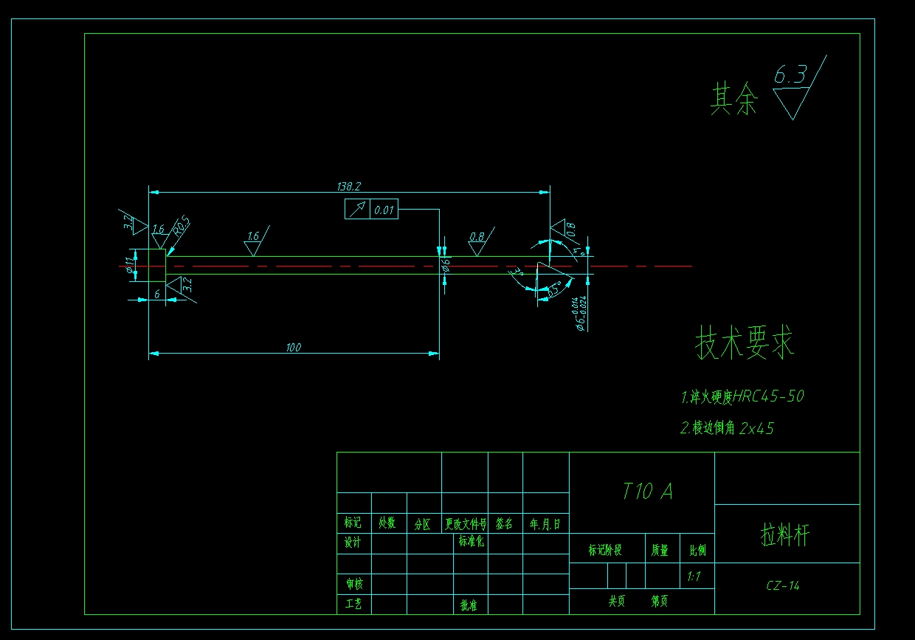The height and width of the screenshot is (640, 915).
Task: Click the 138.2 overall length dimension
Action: click(x=348, y=187)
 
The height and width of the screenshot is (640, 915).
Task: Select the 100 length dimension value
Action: click(x=294, y=348)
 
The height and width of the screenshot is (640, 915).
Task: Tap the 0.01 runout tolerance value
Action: click(x=384, y=210)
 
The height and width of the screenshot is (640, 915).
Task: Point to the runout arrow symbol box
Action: click(x=357, y=210)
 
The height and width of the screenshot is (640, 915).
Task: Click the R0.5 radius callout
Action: click(x=181, y=226)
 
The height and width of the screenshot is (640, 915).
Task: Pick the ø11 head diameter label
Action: click(x=130, y=266)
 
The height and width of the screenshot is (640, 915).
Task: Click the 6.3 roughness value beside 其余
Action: click(x=790, y=74)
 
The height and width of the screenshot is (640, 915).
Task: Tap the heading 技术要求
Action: click(x=745, y=343)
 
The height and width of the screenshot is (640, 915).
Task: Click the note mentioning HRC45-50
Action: click(x=742, y=396)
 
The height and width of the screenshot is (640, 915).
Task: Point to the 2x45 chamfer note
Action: click(x=727, y=428)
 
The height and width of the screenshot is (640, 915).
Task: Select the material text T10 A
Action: click(x=647, y=492)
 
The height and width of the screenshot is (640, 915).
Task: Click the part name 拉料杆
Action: click(x=785, y=534)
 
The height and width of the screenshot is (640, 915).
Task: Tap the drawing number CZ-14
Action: click(x=783, y=586)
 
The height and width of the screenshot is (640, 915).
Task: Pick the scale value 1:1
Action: click(x=694, y=577)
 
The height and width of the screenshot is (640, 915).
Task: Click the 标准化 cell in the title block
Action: click(x=471, y=542)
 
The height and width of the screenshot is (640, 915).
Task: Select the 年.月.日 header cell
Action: click(x=545, y=524)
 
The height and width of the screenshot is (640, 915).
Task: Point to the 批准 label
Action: click(x=469, y=605)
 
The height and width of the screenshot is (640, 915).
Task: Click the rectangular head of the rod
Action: click(x=156, y=265)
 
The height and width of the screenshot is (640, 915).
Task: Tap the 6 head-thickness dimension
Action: click(x=156, y=293)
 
